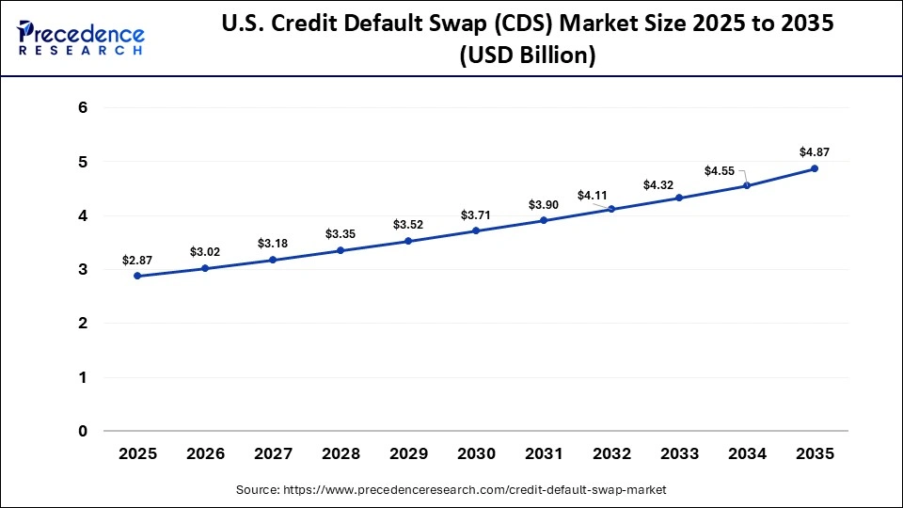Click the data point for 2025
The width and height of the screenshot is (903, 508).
(x=137, y=276)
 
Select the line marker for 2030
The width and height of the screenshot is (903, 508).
(x=476, y=230)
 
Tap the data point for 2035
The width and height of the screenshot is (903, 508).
(x=815, y=168)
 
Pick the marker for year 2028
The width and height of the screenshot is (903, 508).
(x=341, y=250)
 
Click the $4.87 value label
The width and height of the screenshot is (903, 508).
(x=815, y=151)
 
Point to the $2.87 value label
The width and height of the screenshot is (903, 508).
(x=137, y=259)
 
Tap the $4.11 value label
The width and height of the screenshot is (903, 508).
(x=592, y=195)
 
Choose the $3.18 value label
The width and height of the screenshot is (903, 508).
(x=273, y=244)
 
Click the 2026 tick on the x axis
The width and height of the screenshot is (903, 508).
(x=205, y=453)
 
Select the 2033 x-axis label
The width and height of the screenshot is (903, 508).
(x=679, y=453)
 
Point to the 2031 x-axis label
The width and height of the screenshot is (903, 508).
(x=544, y=453)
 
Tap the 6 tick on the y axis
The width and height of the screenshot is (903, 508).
(x=83, y=108)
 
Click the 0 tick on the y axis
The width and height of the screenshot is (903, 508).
(x=83, y=432)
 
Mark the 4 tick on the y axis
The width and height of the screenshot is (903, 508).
(x=83, y=216)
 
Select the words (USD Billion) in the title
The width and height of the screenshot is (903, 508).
(x=527, y=56)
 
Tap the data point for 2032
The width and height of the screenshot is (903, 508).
(x=611, y=209)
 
